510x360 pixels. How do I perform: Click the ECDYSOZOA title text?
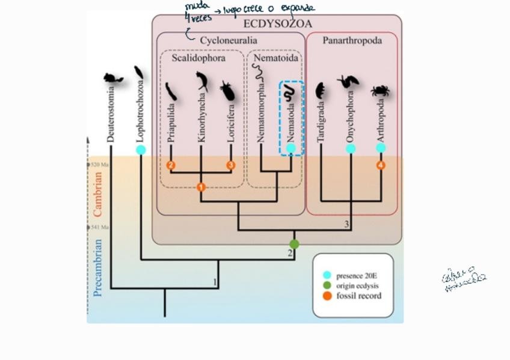coord(277,24)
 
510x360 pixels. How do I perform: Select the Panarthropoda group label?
coord(352,40)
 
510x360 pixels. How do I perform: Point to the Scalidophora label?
coord(198,58)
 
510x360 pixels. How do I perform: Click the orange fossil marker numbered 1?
coord(201,188)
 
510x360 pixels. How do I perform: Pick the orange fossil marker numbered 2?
coord(171,165)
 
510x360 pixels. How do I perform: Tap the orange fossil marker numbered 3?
coord(230,165)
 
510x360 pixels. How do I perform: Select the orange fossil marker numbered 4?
coord(381,165)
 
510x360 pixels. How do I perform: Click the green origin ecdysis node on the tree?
coord(294,244)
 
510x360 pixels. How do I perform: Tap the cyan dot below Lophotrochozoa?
coord(141,150)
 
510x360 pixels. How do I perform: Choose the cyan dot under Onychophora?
coord(351,148)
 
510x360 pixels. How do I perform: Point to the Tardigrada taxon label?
coord(321,123)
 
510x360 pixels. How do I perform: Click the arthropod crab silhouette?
coord(380,91)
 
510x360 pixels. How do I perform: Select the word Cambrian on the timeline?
coord(97,194)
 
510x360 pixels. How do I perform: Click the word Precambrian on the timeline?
coord(98,267)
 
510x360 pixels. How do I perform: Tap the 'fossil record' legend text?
coord(359,296)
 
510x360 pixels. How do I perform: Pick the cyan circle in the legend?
coord(327,275)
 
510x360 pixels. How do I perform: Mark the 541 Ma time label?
coord(99,227)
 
